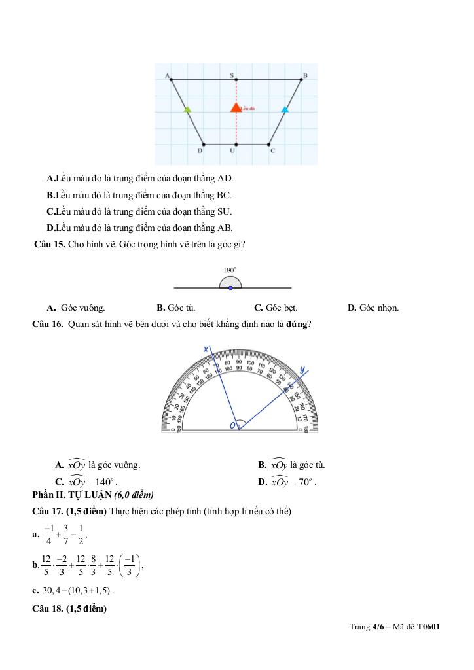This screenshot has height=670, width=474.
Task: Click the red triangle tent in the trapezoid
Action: point(236,107)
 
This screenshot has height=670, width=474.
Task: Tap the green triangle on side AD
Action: point(187,109)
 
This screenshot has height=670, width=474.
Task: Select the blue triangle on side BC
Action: point(285,109)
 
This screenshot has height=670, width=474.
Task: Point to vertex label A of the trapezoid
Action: point(168,76)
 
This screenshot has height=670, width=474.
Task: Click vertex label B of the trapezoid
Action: point(304,76)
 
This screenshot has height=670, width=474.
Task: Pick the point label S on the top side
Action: point(232,76)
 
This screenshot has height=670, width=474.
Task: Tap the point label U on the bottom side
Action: point(232,151)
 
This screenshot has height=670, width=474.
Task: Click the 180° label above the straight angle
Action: point(230,269)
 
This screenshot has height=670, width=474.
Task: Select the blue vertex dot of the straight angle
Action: point(230,287)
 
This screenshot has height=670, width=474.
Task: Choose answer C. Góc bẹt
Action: point(276,308)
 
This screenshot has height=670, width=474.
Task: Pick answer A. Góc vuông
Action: point(76,308)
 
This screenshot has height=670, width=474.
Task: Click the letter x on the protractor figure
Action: point(206,349)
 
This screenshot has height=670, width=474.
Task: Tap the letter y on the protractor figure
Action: point(302,370)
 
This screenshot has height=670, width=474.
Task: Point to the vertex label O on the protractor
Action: point(232,426)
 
